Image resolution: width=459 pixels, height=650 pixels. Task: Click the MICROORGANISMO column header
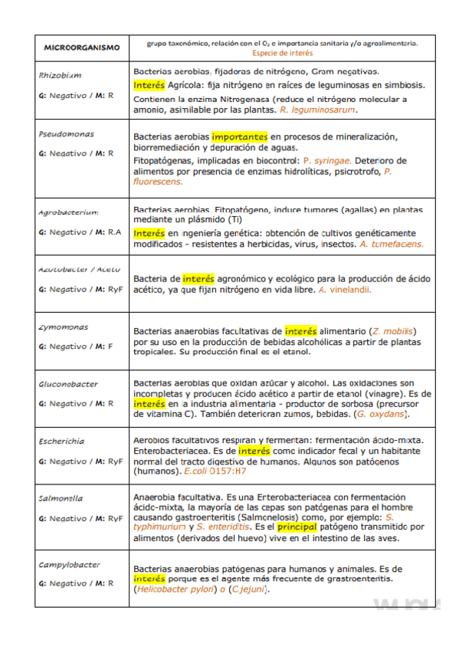tap(81, 48)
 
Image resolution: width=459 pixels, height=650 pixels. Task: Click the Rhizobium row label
tap(60, 76)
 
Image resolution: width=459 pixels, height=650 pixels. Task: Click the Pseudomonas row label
tap(67, 133)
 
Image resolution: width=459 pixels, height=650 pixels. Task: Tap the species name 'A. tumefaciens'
tap(391, 244)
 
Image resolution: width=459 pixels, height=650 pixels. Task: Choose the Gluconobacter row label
tap(68, 384)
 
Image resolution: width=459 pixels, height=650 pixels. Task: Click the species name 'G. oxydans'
tap(382, 414)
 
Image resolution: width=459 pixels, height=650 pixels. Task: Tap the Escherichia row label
tap(62, 442)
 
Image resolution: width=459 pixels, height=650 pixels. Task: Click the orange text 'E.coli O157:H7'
tap(215, 471)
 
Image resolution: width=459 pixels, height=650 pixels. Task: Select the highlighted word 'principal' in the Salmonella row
tap(297, 527)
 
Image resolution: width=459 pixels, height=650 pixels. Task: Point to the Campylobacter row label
tap(69, 565)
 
